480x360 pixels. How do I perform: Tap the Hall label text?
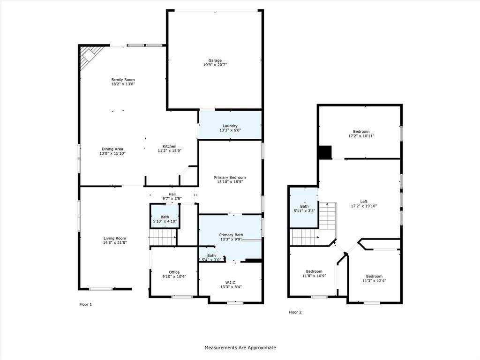point(172,194)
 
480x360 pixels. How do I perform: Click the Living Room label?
point(115,238)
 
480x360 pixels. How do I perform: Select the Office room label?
point(174,272)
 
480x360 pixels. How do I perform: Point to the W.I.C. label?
point(231,282)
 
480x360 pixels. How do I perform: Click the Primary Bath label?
point(231,235)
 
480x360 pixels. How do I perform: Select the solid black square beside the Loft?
point(324,152)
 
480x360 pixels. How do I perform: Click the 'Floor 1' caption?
point(85,305)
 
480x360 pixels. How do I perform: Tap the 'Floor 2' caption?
point(295,312)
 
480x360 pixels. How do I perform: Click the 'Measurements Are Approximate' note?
point(240,348)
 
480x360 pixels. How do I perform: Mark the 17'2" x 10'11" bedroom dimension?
point(361,136)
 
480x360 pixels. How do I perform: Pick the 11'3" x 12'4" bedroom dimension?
point(374,281)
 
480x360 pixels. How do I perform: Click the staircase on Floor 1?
point(163,238)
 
